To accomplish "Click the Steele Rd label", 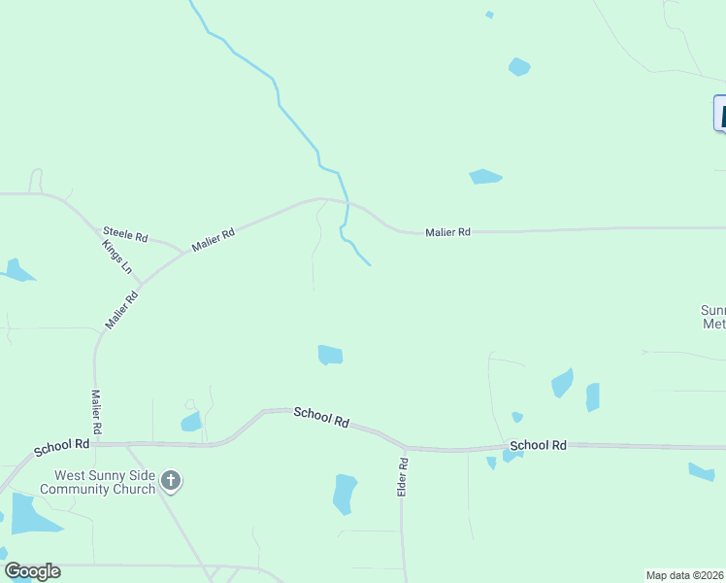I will [x=125, y=235].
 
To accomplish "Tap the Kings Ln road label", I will [x=116, y=257].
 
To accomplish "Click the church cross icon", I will [x=171, y=479].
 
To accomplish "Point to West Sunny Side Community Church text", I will [x=105, y=483].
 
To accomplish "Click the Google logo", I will [x=32, y=571].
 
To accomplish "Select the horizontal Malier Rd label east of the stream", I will [x=447, y=232].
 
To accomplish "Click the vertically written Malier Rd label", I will [x=96, y=412].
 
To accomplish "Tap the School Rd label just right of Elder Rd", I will [x=537, y=446].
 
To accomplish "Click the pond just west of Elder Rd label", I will [x=345, y=493].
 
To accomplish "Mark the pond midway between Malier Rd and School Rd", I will [x=330, y=356].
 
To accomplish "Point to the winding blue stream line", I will [x=278, y=97].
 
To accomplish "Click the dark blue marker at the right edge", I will [x=720, y=113].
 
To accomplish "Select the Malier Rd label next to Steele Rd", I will [x=214, y=240].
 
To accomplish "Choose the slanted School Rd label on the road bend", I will [x=321, y=418].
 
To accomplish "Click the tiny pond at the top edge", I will [x=489, y=15].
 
